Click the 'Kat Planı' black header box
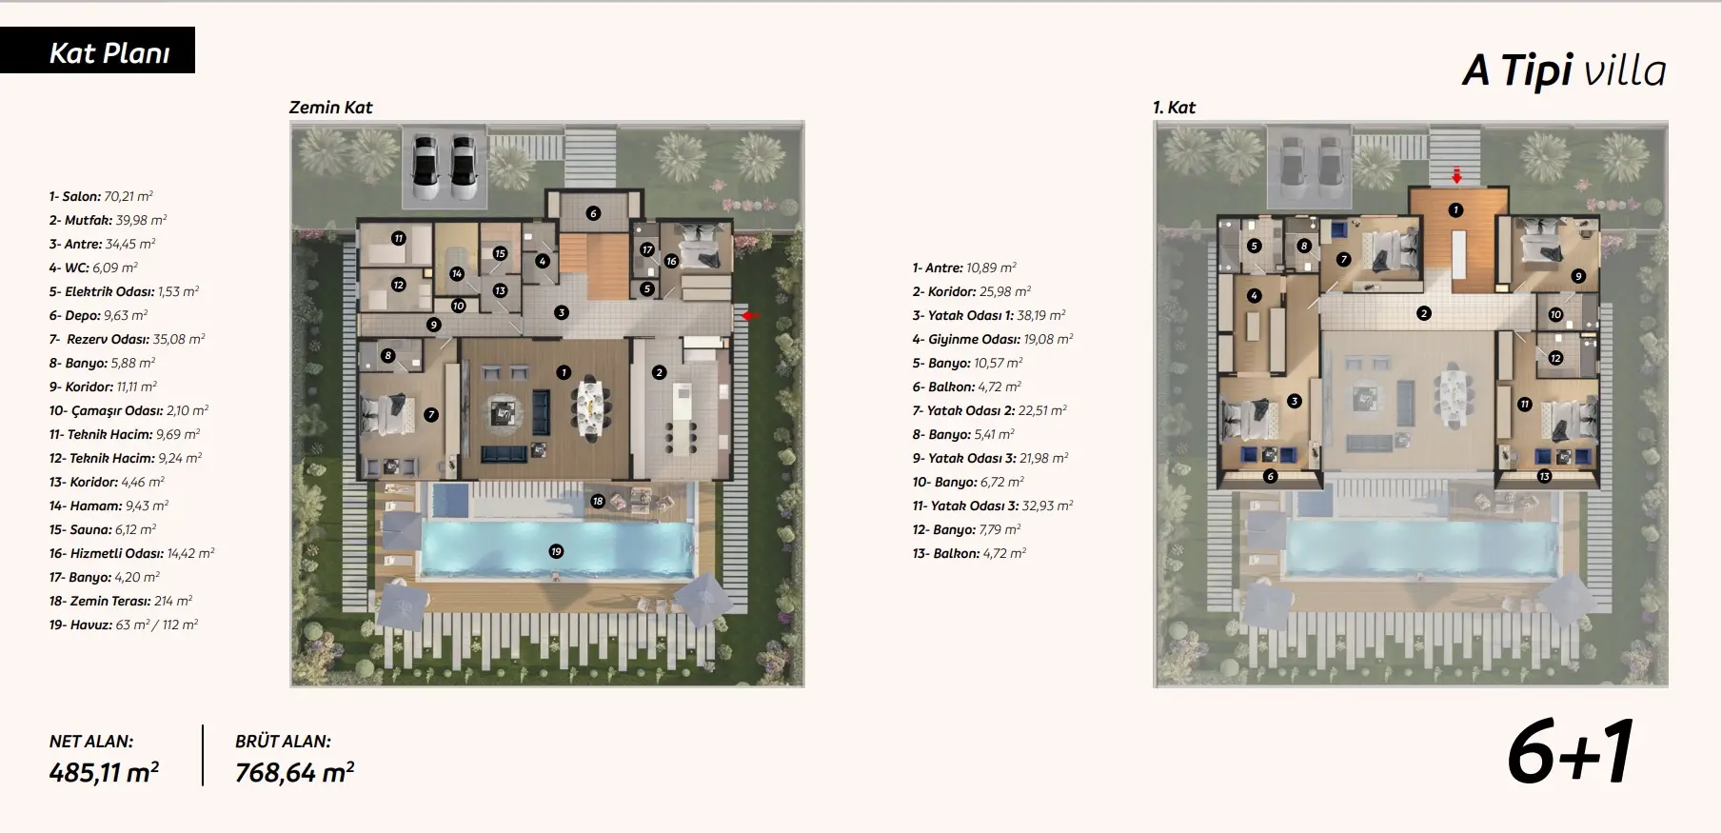tap(97, 50)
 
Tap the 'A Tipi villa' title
tap(1564, 70)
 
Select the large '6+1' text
tap(1571, 753)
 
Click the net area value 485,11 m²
tap(104, 772)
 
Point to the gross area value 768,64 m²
tap(294, 772)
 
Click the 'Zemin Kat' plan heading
tap(330, 108)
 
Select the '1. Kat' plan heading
tap(1174, 108)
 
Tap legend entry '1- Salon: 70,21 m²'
tap(101, 196)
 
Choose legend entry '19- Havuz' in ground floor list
tap(124, 625)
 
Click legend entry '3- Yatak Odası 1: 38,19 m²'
tap(989, 315)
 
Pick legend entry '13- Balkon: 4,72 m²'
tap(969, 553)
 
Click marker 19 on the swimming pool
tap(556, 551)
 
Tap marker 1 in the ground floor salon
tap(564, 372)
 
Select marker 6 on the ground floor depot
tap(593, 213)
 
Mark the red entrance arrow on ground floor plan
tap(750, 315)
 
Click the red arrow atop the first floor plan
tap(1456, 176)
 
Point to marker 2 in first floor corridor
tap(1423, 313)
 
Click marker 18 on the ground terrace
tap(598, 501)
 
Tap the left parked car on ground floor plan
tap(426, 167)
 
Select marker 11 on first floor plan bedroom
tap(1524, 404)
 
